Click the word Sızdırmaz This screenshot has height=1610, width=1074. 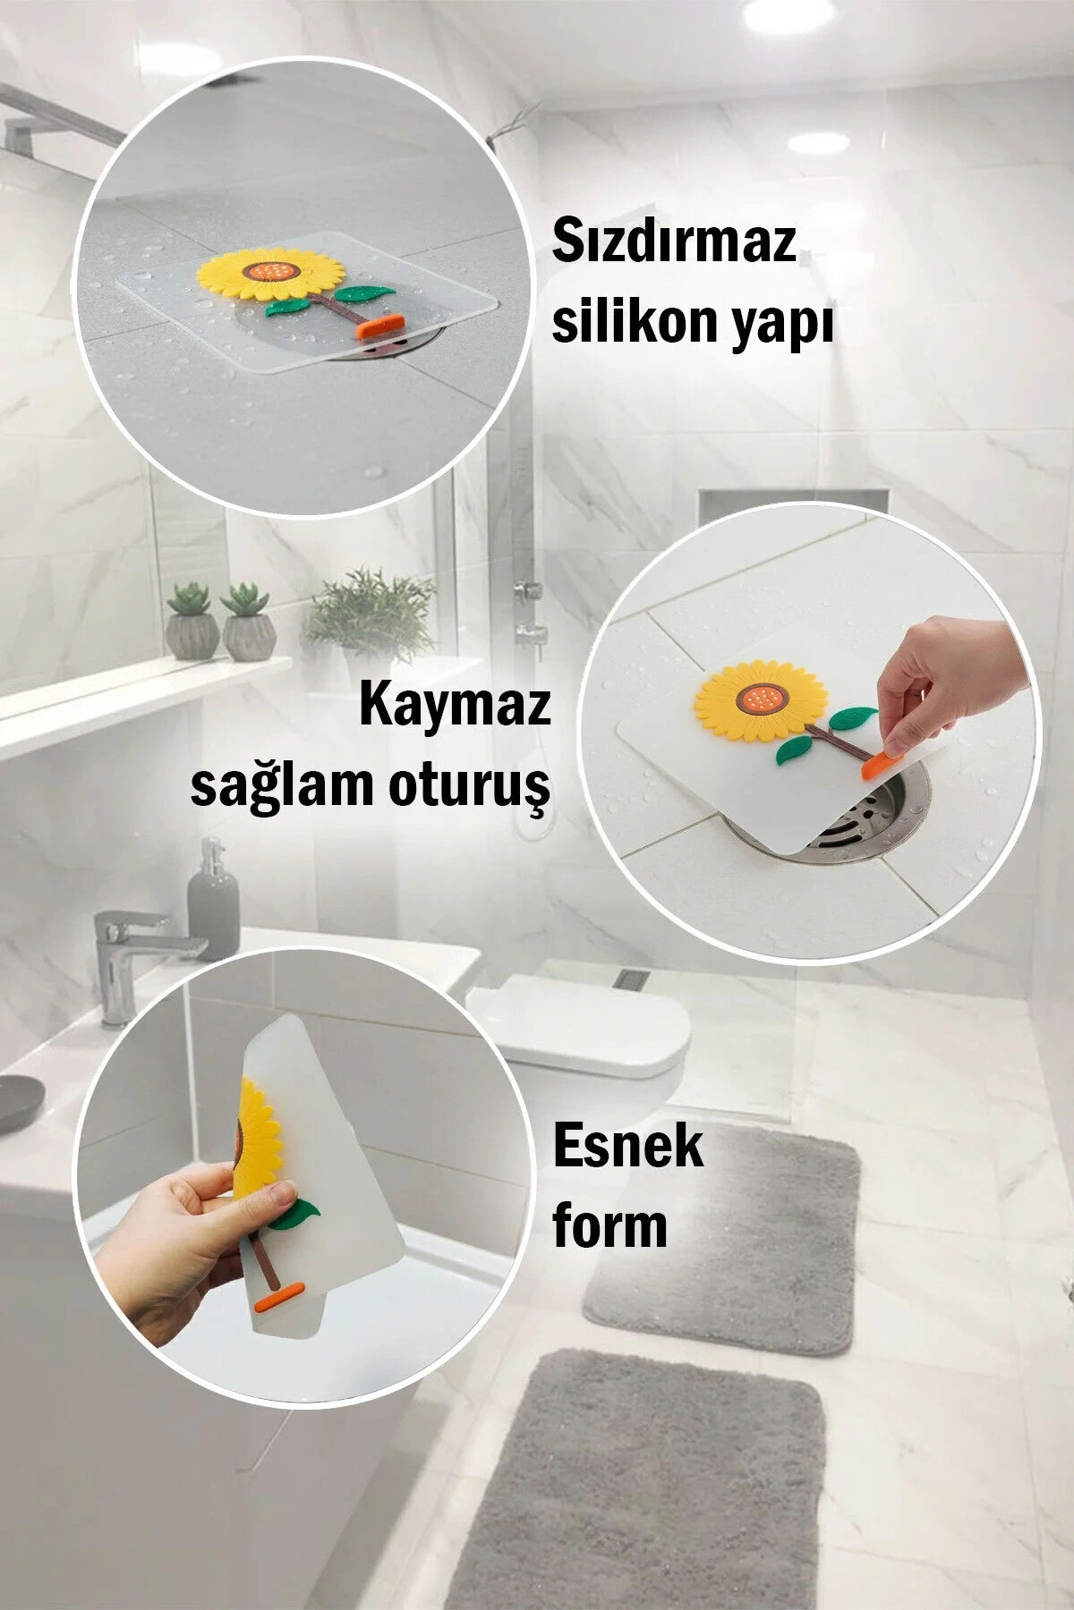(673, 242)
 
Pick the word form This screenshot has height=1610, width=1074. (609, 1224)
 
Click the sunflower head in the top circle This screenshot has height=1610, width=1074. (270, 272)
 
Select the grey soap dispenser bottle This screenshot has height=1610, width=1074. (213, 902)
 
